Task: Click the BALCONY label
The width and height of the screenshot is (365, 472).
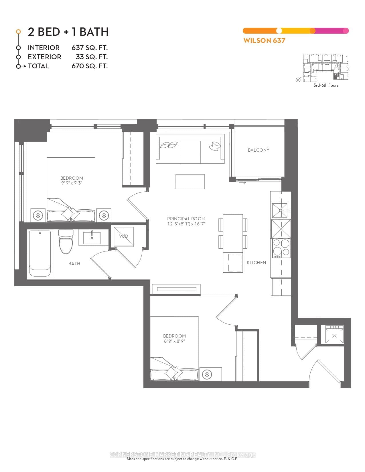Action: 258,150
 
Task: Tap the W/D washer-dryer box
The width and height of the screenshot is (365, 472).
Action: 124,236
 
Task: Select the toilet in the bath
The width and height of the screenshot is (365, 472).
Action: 66,242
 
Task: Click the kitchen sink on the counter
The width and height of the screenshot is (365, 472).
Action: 281,211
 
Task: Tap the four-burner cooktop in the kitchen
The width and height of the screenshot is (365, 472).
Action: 281,248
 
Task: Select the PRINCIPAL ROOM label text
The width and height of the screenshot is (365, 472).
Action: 186,219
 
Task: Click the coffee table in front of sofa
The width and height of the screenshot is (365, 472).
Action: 190,182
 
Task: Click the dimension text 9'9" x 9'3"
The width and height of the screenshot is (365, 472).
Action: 72,183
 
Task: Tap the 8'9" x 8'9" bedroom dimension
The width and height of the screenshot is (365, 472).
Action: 174,341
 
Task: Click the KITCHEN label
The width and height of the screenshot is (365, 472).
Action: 256,262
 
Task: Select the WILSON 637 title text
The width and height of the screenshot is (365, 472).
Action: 264,40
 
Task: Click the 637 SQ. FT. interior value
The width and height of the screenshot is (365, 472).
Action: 90,48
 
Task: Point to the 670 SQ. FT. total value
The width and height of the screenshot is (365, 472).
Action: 90,66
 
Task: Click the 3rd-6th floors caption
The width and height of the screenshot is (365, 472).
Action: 326,85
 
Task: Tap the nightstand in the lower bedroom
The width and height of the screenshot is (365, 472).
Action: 211,374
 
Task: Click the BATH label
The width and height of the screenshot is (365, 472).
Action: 74,263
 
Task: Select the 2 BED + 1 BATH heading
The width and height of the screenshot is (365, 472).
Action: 68,32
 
